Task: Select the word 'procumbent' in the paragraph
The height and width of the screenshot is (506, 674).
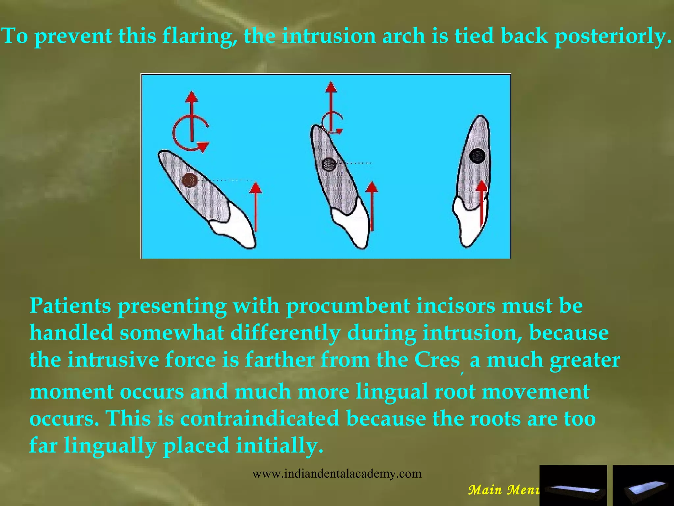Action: pos(348,306)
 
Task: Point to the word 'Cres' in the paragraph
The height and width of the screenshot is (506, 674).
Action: pos(437,359)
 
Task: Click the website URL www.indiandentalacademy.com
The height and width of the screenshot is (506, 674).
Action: pos(337,474)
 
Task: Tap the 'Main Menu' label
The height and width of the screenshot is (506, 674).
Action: pos(504,490)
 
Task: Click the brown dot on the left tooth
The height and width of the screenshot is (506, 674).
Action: pos(190,181)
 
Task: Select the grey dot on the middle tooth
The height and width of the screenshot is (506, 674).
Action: pos(329,164)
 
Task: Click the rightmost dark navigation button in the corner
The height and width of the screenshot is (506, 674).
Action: pos(643,485)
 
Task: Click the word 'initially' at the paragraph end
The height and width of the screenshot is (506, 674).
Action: pos(279,445)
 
